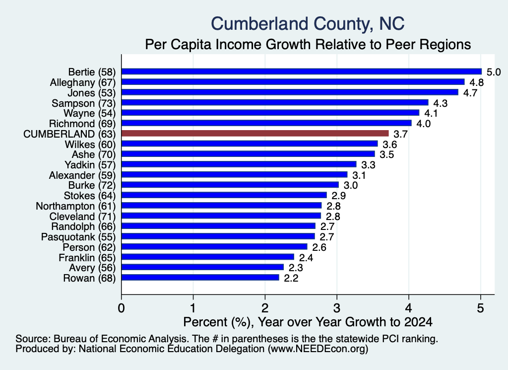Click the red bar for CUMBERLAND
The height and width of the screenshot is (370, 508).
click(x=255, y=133)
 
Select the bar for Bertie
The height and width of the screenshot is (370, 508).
click(x=302, y=72)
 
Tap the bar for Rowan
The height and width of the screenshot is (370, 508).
click(x=200, y=278)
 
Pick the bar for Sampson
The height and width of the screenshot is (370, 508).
click(x=275, y=102)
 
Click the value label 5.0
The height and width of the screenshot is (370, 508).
click(x=494, y=72)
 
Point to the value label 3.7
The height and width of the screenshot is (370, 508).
click(x=400, y=134)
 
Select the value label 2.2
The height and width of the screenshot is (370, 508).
click(x=291, y=278)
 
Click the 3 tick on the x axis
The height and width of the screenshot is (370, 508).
click(x=337, y=308)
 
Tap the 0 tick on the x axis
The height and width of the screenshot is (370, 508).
click(x=122, y=308)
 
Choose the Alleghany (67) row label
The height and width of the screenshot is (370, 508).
click(x=83, y=82)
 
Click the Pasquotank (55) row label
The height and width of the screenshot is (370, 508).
click(x=78, y=237)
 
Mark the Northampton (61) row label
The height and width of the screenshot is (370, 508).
click(x=76, y=206)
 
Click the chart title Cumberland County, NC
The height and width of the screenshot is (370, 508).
click(x=308, y=24)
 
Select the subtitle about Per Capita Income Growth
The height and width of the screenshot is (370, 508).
click(x=308, y=44)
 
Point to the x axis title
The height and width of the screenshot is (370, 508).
click(x=308, y=322)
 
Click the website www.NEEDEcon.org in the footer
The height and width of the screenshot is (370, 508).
click(x=318, y=349)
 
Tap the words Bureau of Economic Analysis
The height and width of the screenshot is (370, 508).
click(x=121, y=339)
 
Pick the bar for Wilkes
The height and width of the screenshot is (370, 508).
click(x=250, y=144)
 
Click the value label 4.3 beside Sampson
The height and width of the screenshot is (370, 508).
click(x=441, y=103)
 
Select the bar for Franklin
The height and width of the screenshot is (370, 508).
click(x=208, y=257)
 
